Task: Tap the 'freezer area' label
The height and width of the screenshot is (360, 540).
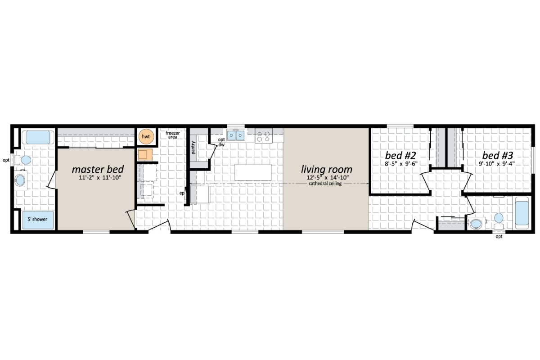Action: click(x=173, y=135)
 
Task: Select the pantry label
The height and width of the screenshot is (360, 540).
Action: click(x=193, y=148)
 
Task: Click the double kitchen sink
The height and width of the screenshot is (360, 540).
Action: click(x=236, y=135)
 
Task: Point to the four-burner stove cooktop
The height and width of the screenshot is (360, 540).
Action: click(x=263, y=136)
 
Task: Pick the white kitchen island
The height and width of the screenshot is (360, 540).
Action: click(x=253, y=172)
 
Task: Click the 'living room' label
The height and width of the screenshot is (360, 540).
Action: click(x=326, y=170)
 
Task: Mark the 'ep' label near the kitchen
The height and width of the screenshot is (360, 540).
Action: click(x=182, y=193)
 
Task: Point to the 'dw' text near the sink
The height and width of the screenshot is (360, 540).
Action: click(x=221, y=145)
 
